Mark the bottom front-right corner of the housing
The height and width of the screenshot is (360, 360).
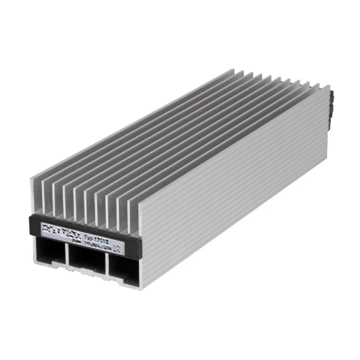click(140, 288)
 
